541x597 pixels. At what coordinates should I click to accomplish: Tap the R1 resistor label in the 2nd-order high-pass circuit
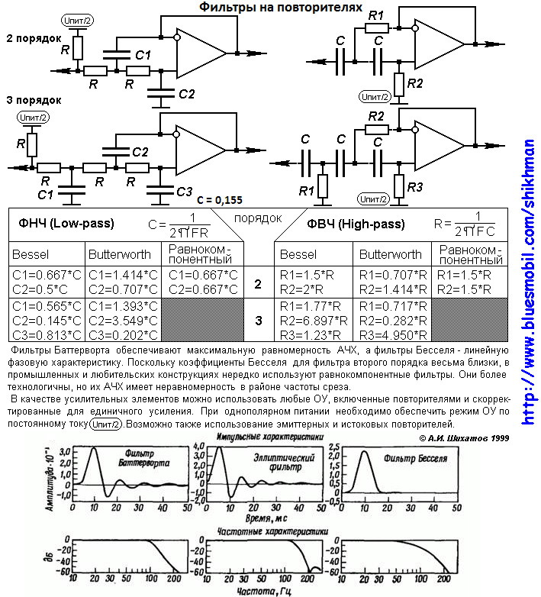pos(377,15)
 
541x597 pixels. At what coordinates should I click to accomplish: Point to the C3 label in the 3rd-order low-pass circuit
pos(184,192)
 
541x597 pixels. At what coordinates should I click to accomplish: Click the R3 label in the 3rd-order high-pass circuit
pos(415,187)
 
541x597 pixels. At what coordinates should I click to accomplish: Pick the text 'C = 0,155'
pos(219,200)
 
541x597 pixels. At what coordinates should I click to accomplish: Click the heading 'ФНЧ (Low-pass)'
pos(66,225)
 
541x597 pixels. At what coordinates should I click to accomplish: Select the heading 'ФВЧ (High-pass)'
pos(356,225)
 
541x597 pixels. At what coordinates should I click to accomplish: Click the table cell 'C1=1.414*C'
pos(123,274)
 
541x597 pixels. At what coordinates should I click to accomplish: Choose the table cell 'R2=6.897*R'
pos(315,321)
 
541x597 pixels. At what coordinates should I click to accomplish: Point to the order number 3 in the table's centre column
pos(258,321)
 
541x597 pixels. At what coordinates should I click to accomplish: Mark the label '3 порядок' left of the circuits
pos(34,99)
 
